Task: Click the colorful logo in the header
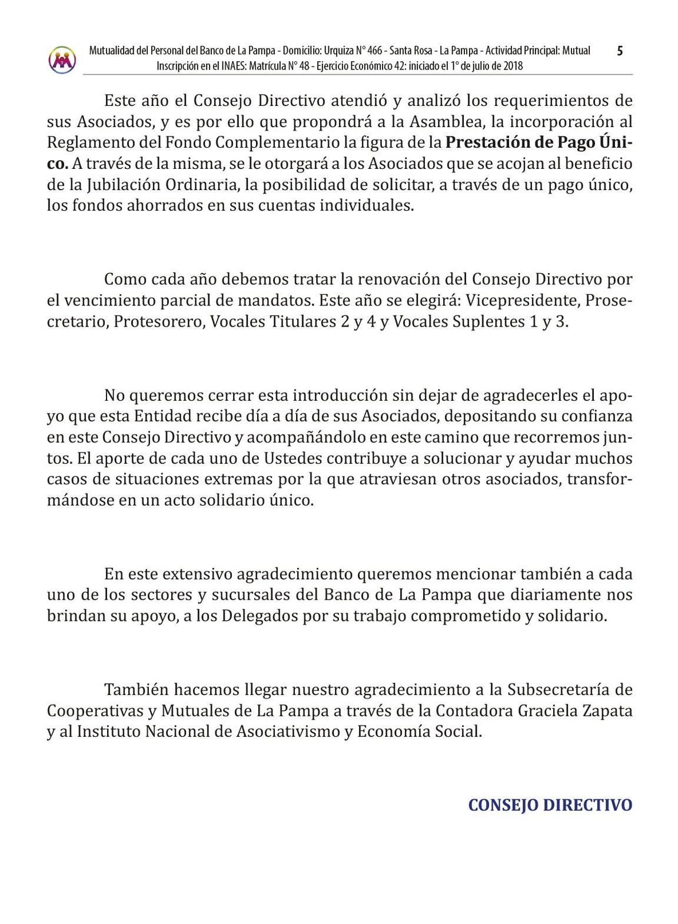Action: click(x=62, y=59)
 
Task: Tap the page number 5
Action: click(x=619, y=51)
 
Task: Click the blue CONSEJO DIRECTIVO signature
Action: click(x=550, y=805)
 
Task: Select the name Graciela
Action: click(x=551, y=710)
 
